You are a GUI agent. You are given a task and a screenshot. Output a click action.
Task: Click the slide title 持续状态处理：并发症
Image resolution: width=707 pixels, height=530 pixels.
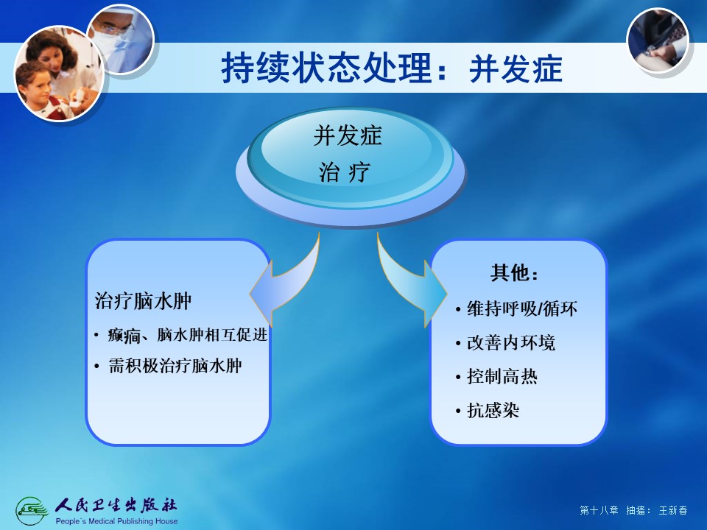pos(392,69)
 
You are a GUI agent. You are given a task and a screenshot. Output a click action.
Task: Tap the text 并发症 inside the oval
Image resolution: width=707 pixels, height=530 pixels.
pos(348,135)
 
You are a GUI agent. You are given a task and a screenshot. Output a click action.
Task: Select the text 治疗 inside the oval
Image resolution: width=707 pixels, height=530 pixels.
pos(345,172)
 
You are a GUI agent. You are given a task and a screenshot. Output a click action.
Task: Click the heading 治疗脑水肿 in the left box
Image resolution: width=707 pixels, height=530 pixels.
pos(143,301)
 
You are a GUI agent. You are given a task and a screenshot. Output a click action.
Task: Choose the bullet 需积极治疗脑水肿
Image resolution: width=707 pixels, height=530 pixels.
pos(175,366)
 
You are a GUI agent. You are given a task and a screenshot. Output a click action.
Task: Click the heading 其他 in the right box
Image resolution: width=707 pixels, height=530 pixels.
pos(515,272)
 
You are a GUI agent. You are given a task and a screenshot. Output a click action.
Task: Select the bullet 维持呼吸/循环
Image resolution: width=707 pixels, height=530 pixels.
pos(522,309)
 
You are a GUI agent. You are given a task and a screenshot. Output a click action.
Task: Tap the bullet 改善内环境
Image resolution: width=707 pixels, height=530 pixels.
pos(511,343)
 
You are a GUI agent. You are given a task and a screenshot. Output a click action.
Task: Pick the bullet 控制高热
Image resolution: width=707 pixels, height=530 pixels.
pos(502,376)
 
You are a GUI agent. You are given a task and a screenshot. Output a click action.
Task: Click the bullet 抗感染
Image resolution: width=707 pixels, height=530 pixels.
pos(493,410)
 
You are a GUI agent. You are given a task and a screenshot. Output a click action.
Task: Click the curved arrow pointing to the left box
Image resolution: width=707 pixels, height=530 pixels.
pos(289,284)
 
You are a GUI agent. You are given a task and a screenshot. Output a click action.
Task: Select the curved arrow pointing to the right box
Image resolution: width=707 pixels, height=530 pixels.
pos(408,284)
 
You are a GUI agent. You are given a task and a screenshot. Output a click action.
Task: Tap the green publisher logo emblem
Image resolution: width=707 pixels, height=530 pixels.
pos(32,511)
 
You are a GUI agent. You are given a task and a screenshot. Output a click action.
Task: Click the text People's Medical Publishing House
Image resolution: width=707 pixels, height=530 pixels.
pos(116,521)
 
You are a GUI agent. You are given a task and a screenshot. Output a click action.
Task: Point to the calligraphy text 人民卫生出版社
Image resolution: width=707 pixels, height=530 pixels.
pos(116,506)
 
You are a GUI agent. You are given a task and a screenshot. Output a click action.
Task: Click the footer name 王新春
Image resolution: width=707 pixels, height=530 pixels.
pos(673,510)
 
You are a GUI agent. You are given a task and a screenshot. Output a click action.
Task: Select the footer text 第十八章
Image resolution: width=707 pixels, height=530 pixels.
pos(599,510)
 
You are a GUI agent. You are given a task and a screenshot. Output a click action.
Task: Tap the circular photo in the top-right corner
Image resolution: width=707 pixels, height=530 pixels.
pos(658,40)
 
